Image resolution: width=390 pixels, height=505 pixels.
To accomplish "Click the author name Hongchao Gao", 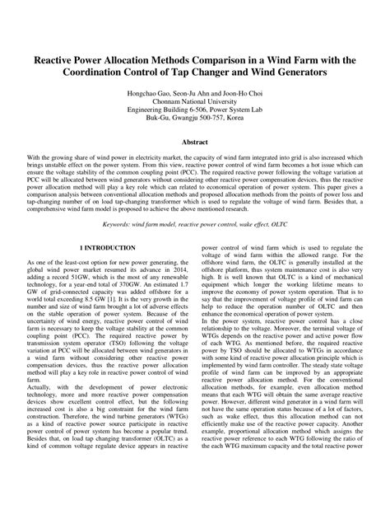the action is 152,96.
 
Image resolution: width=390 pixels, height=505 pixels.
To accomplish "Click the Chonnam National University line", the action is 195,105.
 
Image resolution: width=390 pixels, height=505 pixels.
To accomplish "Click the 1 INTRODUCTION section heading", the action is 108,247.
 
